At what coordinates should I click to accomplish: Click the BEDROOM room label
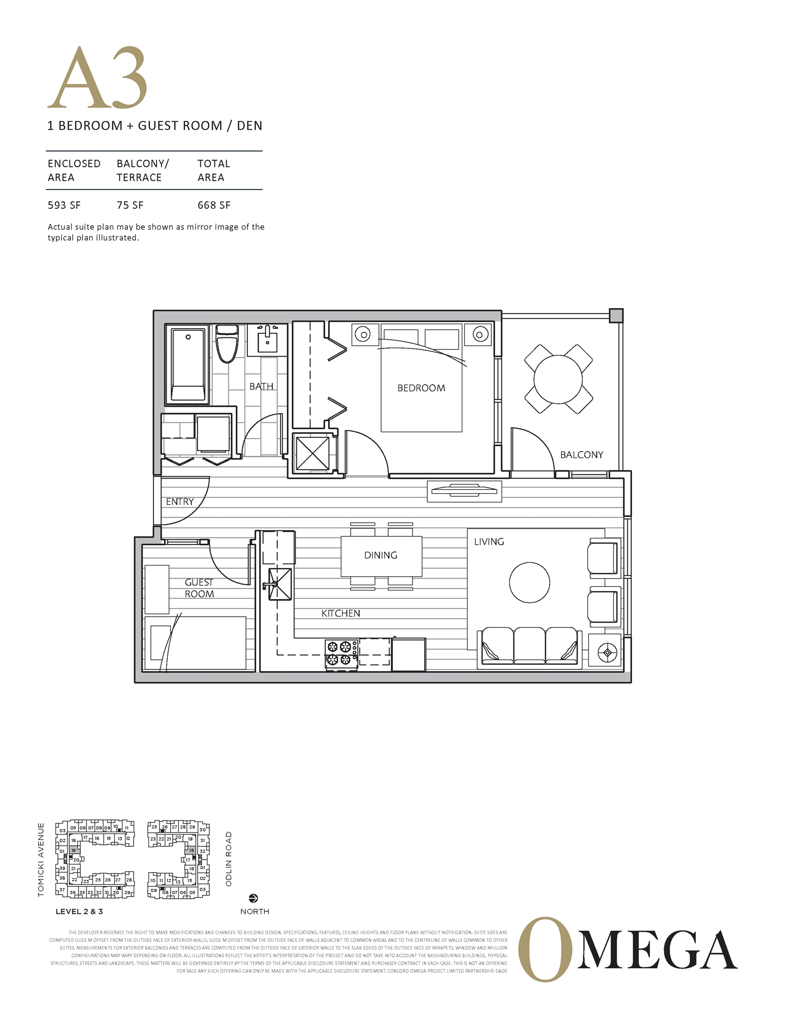coord(421,388)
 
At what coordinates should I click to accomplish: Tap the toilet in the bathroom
coord(227,344)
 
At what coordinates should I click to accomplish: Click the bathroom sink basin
coord(267,339)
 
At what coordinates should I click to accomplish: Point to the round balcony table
coord(558,379)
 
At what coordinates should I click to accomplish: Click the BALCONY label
coord(581,455)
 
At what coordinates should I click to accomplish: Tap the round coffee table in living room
coord(529,583)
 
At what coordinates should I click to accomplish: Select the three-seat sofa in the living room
coord(529,647)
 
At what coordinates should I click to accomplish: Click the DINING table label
coord(381,555)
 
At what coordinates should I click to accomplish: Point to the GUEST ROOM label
coord(199,588)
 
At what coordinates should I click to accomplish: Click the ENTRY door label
coord(180,502)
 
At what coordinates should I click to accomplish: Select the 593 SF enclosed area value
coord(64,205)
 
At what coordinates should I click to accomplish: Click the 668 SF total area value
coord(214,205)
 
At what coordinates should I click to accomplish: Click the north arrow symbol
coord(254,898)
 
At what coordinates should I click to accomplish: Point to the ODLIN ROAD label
coord(229,859)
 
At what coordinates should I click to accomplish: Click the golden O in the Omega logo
coord(544,949)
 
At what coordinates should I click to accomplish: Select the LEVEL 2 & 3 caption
coord(79,911)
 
